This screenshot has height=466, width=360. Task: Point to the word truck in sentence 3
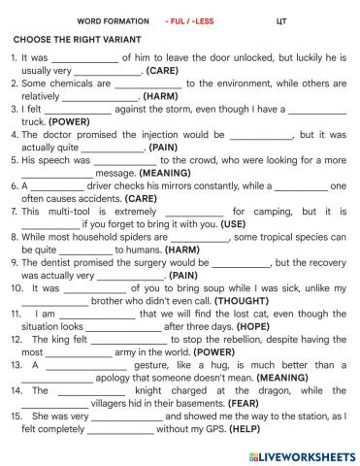35,122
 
